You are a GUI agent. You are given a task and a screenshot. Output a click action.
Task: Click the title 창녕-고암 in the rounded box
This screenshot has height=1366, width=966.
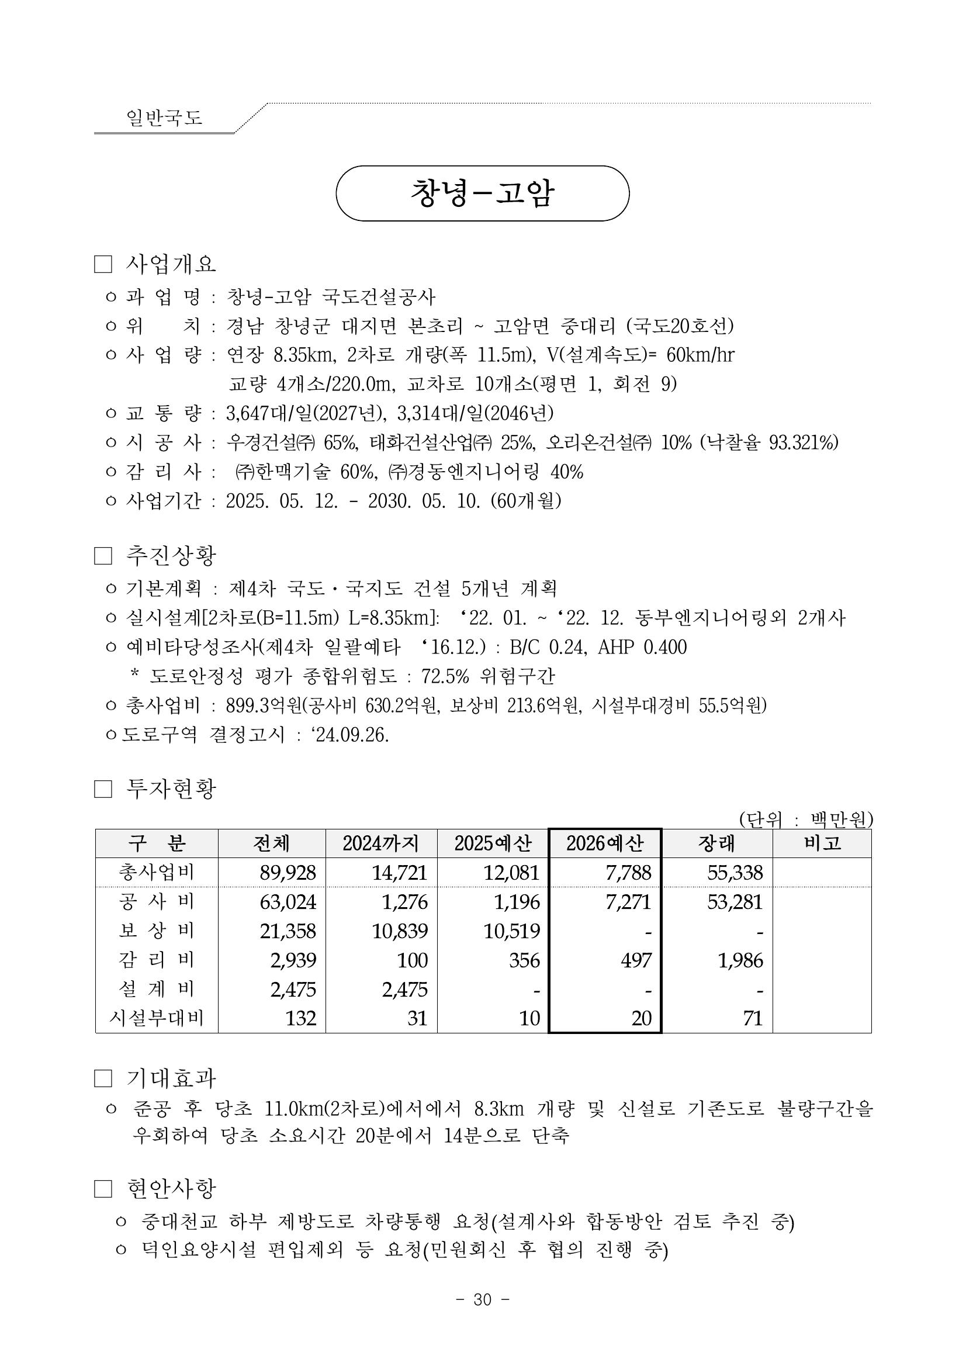pos(482,193)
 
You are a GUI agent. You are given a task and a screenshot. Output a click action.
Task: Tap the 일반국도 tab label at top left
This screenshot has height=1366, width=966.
pos(164,117)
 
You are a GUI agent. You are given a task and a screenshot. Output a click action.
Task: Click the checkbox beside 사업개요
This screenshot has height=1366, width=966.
pos(103,265)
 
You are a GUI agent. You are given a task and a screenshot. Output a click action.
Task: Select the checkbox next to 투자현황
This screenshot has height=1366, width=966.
pos(103,790)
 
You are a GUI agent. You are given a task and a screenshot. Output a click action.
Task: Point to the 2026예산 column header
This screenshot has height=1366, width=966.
pos(604,843)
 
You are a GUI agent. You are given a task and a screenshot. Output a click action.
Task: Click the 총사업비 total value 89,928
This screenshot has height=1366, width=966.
pos(288,873)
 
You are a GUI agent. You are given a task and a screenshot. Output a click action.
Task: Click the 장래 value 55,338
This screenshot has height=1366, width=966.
pos(735,873)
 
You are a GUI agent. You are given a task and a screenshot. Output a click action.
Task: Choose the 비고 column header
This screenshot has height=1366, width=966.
pos(822,843)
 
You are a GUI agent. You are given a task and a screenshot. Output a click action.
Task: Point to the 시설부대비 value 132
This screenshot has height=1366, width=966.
pos(300,1018)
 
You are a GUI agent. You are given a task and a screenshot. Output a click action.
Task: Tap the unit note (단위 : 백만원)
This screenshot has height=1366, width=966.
pos(805,820)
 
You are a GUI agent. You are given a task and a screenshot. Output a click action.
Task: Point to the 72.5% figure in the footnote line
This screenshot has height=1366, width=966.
pos(445,676)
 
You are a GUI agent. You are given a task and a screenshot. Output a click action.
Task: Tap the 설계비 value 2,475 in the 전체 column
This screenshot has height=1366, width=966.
pos(293,989)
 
